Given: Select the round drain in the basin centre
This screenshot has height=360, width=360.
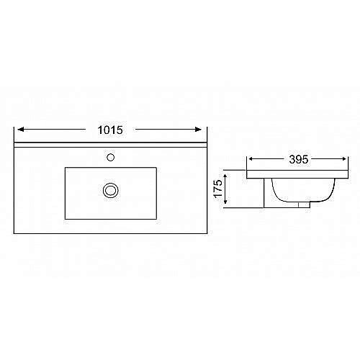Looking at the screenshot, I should tap(110, 190).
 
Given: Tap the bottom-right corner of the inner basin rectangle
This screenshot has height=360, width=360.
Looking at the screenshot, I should tap(156, 217).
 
